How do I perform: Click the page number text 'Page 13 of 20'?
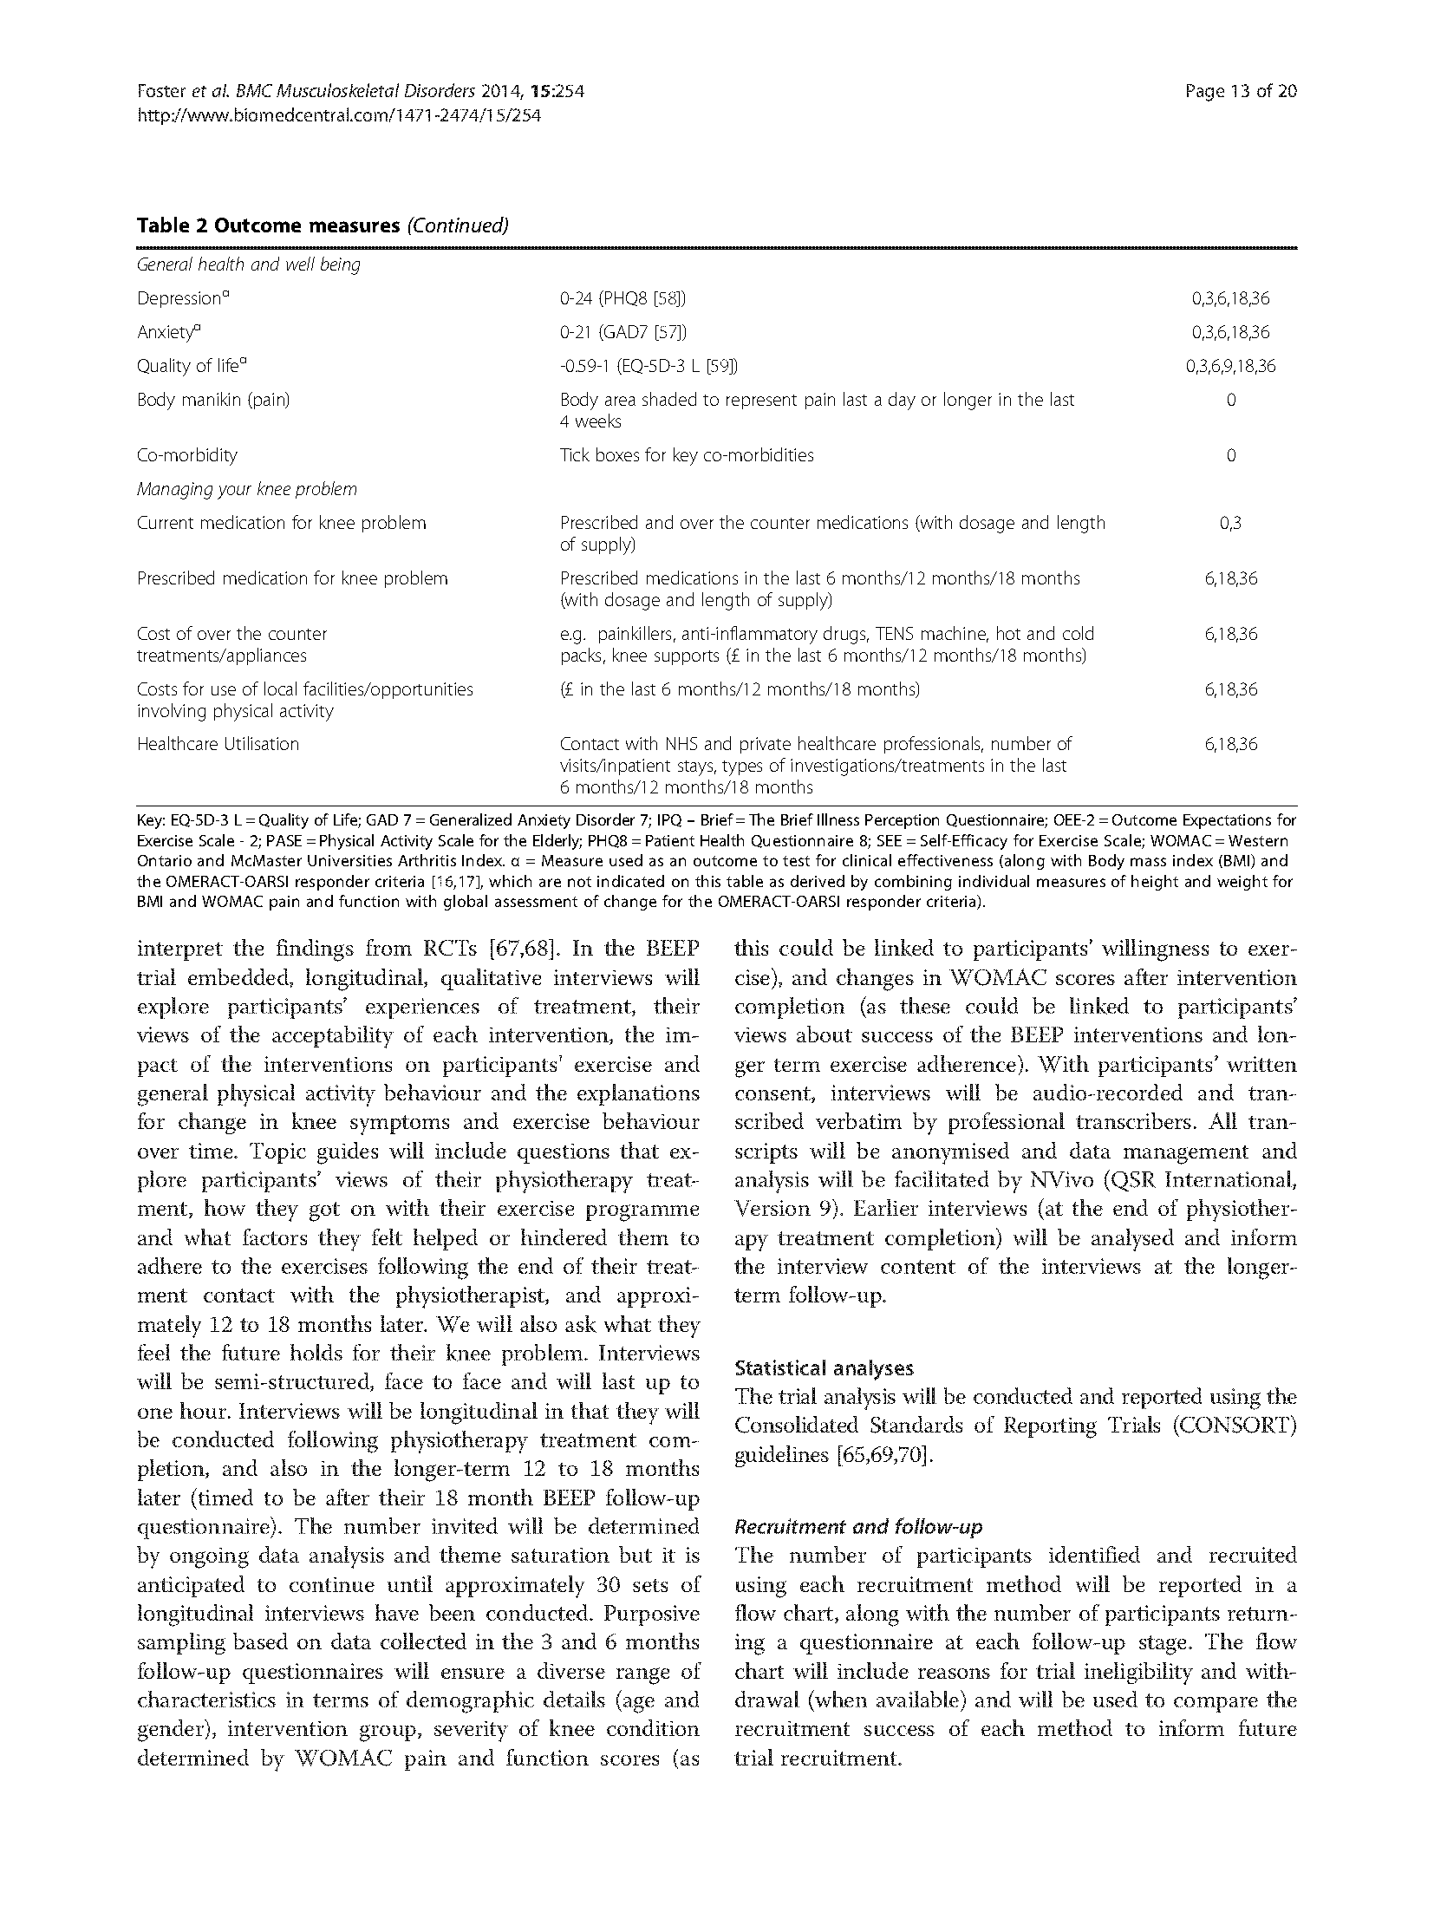[1240, 91]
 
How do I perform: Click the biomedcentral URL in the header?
[339, 114]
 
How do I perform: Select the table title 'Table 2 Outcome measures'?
[267, 226]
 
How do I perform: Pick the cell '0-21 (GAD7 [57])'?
[623, 332]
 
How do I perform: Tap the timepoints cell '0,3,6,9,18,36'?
[1230, 366]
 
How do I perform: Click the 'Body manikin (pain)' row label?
[213, 400]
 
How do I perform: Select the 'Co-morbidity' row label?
[186, 455]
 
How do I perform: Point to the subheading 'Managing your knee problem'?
[246, 489]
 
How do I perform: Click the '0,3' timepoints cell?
[1230, 523]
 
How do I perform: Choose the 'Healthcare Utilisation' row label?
[218, 744]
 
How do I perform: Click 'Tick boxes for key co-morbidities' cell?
[687, 455]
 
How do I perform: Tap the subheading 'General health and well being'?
[248, 264]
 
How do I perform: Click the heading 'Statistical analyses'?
[824, 1368]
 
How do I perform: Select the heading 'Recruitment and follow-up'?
[858, 1527]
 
